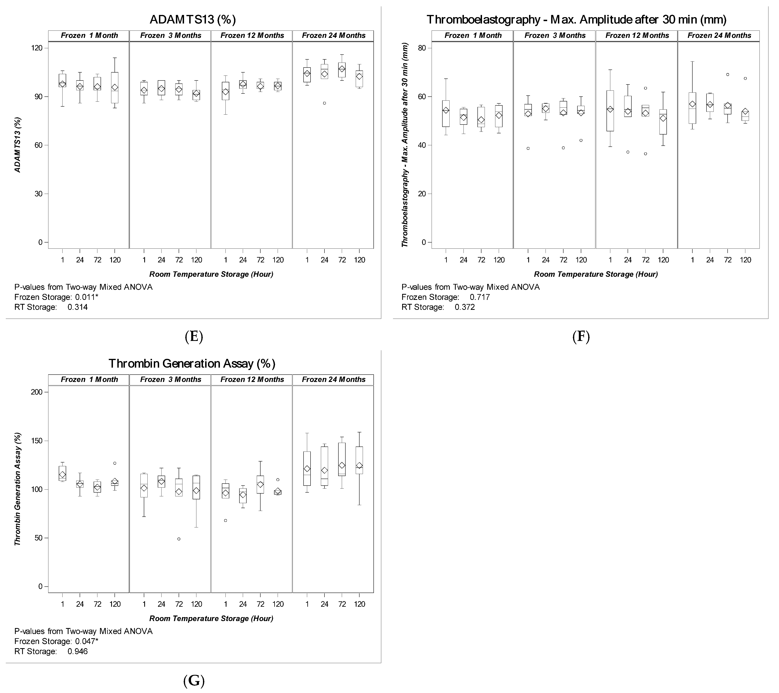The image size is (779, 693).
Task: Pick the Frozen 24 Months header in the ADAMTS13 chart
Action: coord(333,35)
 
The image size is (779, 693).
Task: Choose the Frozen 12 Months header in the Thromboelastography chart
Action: coord(637,35)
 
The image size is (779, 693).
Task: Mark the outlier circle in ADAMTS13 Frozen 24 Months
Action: coord(324,103)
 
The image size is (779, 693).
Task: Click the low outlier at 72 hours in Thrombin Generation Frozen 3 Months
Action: coord(179,539)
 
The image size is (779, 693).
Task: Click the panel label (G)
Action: coord(194,680)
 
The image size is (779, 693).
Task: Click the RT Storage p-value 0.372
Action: coord(464,307)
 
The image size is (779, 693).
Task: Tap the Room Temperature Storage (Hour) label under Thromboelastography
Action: coord(596,274)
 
